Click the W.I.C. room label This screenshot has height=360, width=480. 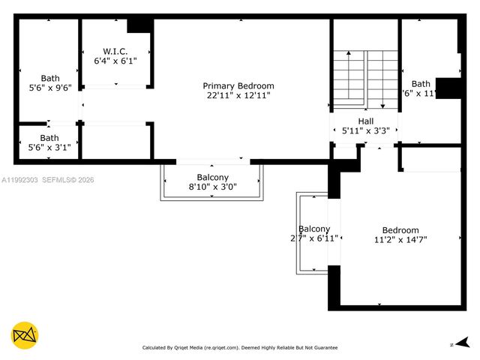coord(115,51)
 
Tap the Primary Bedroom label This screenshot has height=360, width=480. coord(238,85)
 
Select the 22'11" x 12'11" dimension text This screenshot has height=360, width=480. coord(238,95)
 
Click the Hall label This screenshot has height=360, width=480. coord(365,121)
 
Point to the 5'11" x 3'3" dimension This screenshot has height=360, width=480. coord(365,130)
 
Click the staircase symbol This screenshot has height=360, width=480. coord(365,79)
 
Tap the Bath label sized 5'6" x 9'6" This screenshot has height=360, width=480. coord(50,77)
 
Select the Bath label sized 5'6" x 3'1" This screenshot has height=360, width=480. coord(49,138)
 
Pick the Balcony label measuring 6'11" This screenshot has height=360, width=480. coord(314,229)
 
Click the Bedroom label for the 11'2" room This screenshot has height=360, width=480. coord(400,230)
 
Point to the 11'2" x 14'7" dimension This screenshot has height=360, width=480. coord(400,240)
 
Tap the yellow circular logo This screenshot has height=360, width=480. coord(25,334)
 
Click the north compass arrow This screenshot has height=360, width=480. coord(463,343)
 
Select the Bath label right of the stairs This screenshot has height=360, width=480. coord(421,84)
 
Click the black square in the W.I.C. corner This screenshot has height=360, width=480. coord(139,25)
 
